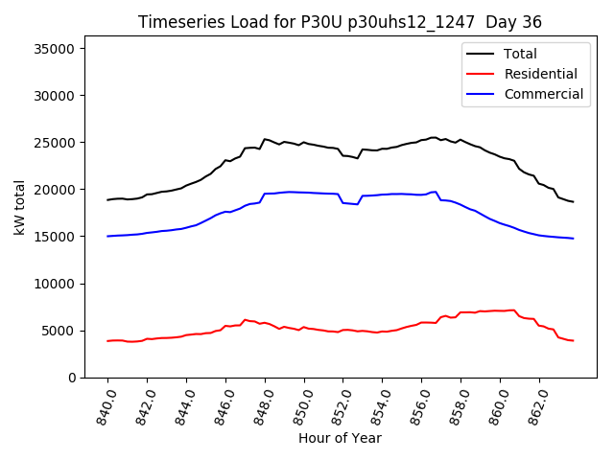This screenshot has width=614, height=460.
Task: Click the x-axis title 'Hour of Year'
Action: click(x=340, y=438)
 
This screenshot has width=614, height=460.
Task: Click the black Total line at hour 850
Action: click(x=304, y=143)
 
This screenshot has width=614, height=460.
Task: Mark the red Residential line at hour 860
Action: click(x=501, y=311)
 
